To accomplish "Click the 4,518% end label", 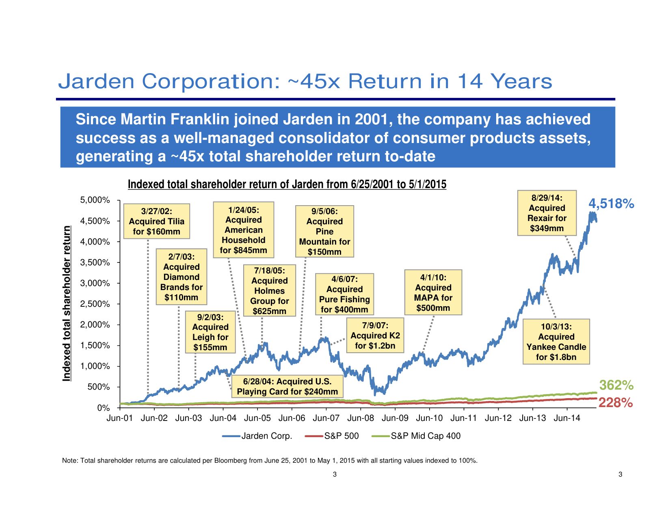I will [x=611, y=204].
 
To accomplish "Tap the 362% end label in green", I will [x=616, y=385].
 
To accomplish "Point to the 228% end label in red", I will [x=616, y=403].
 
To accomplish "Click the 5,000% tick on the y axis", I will [x=95, y=200].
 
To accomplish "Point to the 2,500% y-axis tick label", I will [x=95, y=304].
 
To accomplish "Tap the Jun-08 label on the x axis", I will [x=361, y=418].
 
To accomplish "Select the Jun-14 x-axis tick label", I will [x=567, y=418].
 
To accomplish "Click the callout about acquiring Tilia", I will [x=157, y=221].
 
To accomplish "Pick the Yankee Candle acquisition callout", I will [x=556, y=342].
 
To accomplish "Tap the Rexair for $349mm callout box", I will [x=547, y=213].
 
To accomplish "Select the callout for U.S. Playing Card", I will [x=287, y=386].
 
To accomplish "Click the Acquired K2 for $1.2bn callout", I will [x=375, y=336].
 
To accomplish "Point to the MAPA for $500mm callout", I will [x=433, y=293].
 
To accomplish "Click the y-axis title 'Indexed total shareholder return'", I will [x=67, y=303].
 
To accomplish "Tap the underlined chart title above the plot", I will [x=287, y=184].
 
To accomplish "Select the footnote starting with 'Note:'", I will [x=270, y=461].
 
